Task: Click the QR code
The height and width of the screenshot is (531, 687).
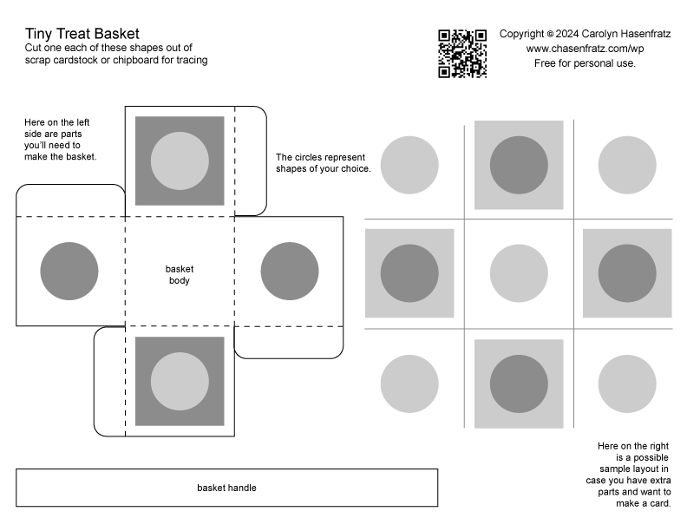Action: pyautogui.click(x=462, y=54)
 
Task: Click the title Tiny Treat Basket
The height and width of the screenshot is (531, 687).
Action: pyautogui.click(x=82, y=34)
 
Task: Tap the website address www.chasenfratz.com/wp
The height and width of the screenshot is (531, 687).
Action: pyautogui.click(x=585, y=49)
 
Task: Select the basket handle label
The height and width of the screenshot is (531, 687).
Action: pyautogui.click(x=226, y=488)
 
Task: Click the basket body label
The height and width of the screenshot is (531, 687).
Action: pyautogui.click(x=180, y=275)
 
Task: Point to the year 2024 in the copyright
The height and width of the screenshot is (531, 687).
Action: pyautogui.click(x=567, y=34)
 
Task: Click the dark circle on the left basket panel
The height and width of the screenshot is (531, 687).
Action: pyautogui.click(x=69, y=272)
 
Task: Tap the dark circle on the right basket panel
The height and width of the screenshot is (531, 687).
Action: pyautogui.click(x=290, y=272)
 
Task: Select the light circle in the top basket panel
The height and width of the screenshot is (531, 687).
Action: pyautogui.click(x=180, y=161)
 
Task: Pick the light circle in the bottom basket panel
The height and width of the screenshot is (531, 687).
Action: pyautogui.click(x=180, y=381)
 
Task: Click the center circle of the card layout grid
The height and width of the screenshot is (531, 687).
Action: pyautogui.click(x=519, y=273)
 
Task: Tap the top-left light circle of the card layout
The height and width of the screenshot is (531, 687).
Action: pyautogui.click(x=409, y=165)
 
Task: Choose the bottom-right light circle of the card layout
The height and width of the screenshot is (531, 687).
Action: pyautogui.click(x=627, y=383)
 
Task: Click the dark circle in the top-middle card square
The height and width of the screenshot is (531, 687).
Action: pyautogui.click(x=519, y=165)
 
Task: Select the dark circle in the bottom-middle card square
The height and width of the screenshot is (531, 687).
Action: pyautogui.click(x=519, y=383)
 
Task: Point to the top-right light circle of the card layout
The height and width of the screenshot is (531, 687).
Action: pyautogui.click(x=627, y=165)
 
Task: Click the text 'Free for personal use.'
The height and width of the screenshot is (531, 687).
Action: pyautogui.click(x=585, y=63)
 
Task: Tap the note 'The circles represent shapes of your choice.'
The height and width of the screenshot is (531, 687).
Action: pyautogui.click(x=324, y=163)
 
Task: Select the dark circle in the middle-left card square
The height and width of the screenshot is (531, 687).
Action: pyautogui.click(x=409, y=273)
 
